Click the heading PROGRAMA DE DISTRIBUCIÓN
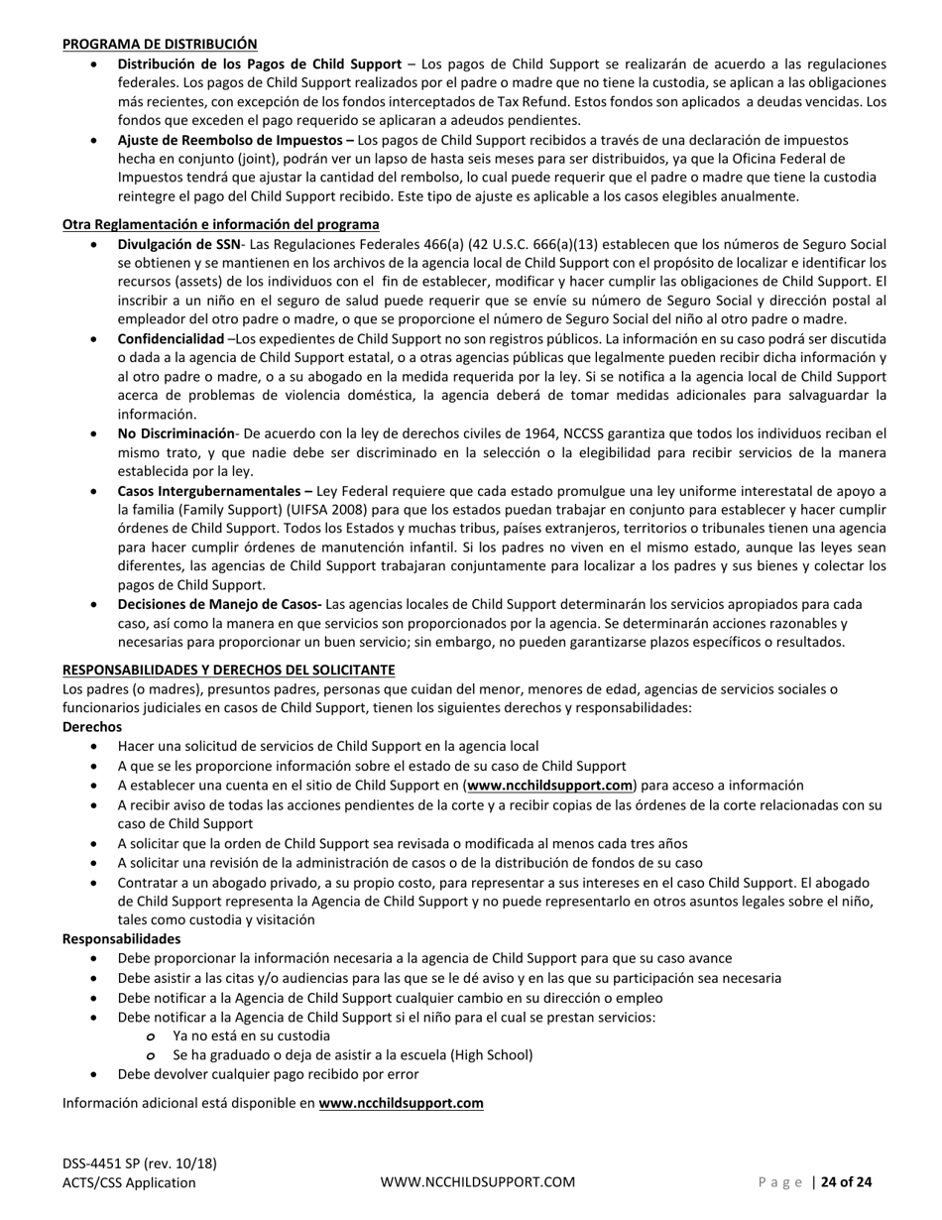coord(160,44)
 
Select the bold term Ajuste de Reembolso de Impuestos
coord(236,141)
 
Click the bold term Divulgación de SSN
coord(178,244)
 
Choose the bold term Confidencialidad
coord(171,339)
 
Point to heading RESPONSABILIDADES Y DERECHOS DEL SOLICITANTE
coord(228,670)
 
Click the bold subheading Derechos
coord(92,727)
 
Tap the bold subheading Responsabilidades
coord(121,938)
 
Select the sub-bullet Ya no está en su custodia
coord(251,1036)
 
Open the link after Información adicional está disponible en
coord(401,1103)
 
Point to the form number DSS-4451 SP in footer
coord(101,1163)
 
